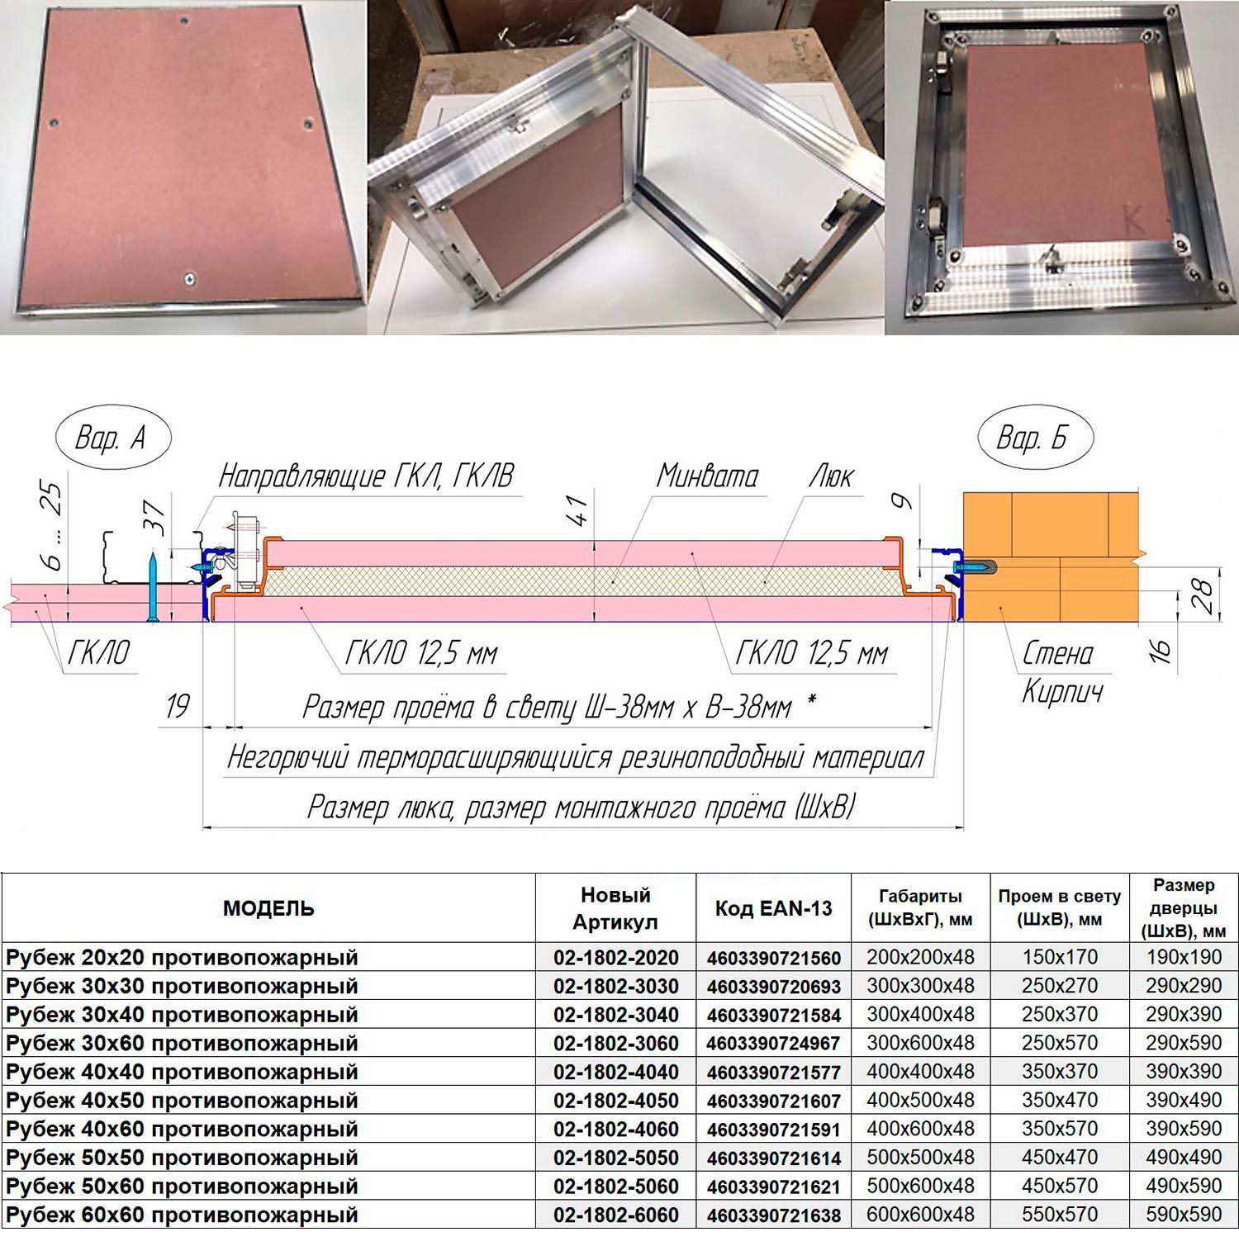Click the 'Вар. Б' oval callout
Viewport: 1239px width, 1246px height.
[1035, 437]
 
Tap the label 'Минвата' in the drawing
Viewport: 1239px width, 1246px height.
[708, 476]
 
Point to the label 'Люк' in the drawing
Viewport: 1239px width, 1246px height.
[831, 476]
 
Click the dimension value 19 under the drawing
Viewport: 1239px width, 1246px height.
[177, 707]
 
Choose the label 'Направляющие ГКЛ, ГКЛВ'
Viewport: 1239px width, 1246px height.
[366, 476]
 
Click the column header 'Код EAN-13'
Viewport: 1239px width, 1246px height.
[773, 909]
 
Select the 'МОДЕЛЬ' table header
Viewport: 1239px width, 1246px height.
[268, 909]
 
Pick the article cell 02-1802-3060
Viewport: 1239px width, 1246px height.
[616, 1044]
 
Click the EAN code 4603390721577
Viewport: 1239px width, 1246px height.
[773, 1073]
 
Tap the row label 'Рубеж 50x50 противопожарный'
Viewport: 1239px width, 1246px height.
[182, 1158]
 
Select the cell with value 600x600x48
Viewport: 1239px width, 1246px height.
[920, 1215]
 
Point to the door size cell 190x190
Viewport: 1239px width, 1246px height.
[1184, 957]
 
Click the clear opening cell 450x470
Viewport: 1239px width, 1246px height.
[1060, 1158]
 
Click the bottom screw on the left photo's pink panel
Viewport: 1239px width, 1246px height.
[191, 279]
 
